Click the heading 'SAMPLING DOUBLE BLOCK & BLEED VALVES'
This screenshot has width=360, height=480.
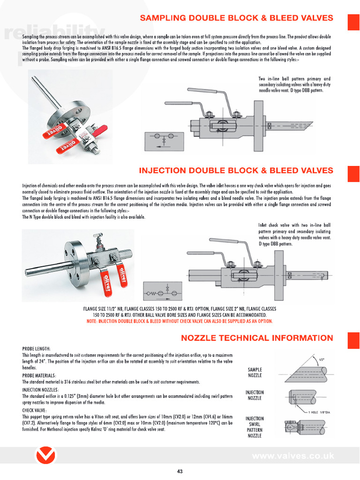pos(237,18)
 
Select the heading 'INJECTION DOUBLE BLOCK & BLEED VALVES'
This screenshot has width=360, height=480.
pos(236,171)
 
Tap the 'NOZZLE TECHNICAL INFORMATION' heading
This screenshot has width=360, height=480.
pos(257,338)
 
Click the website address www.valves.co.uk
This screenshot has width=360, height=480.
pos(292,456)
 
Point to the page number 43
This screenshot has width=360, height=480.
pos(180,472)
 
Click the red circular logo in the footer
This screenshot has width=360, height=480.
pos(46,456)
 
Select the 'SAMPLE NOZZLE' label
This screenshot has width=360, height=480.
pos(255,373)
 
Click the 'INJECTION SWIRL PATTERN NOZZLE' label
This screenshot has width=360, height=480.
pos(255,427)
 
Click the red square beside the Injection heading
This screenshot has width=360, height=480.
pos(353,173)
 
